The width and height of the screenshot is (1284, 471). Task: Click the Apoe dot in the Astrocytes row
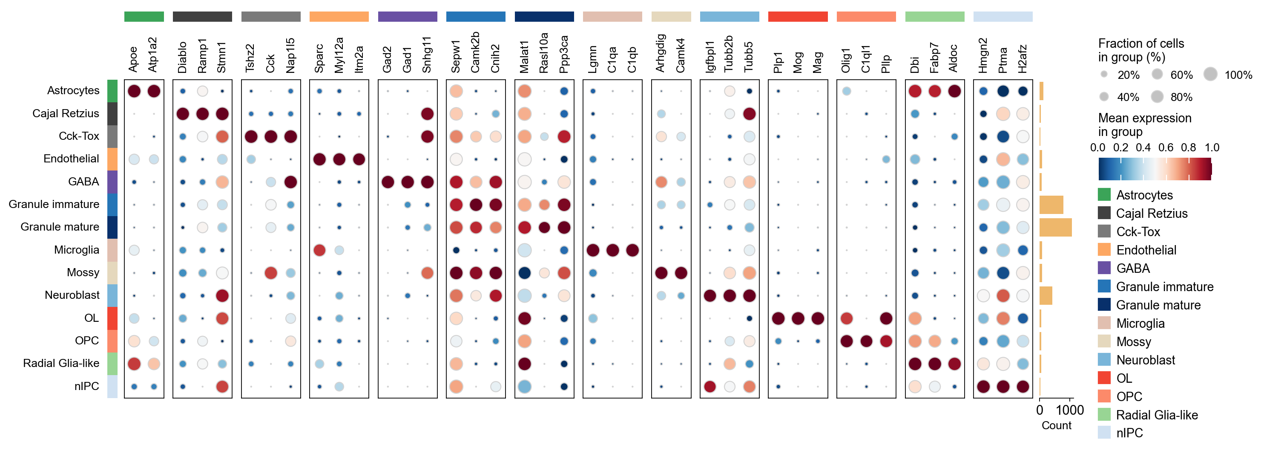(134, 91)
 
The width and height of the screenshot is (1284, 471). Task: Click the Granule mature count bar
(1055, 228)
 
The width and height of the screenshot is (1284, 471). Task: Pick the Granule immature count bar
(1051, 205)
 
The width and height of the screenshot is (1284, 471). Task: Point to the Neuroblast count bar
(1046, 295)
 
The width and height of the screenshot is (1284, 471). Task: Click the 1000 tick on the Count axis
(1070, 410)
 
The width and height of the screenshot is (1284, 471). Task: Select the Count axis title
(1056, 425)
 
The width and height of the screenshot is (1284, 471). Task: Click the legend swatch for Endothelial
(1104, 249)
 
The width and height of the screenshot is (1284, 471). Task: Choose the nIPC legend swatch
(1104, 433)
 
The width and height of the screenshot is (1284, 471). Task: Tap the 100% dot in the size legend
(1210, 74)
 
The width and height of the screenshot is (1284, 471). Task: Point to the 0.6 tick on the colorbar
(1166, 147)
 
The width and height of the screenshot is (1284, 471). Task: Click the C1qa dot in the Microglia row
(612, 250)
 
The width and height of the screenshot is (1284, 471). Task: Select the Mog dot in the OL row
(798, 318)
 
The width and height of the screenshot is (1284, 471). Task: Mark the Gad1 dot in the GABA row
(407, 182)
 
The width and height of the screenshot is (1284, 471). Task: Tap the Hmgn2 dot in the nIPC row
(983, 386)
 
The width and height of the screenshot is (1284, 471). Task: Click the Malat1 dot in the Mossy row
(524, 273)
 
